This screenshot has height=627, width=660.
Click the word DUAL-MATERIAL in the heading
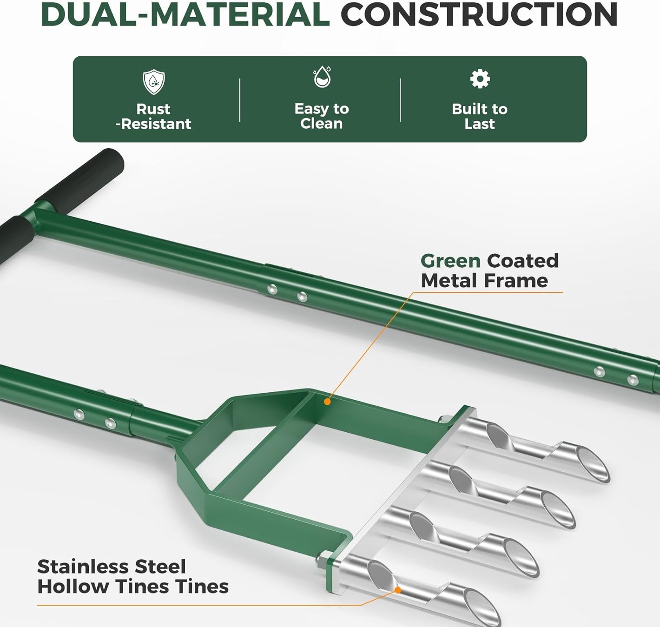click(x=185, y=15)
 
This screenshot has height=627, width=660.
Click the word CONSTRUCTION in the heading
click(x=480, y=15)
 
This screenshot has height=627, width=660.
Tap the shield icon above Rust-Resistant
click(x=154, y=82)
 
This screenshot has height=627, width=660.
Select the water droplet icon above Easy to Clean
click(x=322, y=77)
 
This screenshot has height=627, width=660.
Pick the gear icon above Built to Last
click(x=480, y=79)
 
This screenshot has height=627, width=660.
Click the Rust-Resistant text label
click(x=154, y=117)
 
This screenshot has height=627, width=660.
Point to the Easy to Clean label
click(x=322, y=116)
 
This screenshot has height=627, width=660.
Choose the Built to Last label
click(x=480, y=117)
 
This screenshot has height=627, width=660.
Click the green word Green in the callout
click(x=451, y=261)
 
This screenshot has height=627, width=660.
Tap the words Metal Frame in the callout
click(x=484, y=281)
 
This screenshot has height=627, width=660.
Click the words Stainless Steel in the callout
click(x=111, y=567)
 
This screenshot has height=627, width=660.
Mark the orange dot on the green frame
click(x=327, y=401)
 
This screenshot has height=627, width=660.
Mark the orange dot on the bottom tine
click(x=397, y=590)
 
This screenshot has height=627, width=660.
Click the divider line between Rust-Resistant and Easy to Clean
click(x=240, y=100)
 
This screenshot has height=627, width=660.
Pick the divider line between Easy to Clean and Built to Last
click(x=401, y=100)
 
